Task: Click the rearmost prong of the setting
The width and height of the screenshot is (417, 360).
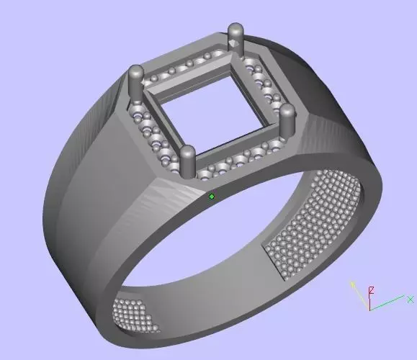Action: coord(235,36)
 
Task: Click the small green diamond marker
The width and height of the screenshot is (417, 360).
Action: coord(212,196)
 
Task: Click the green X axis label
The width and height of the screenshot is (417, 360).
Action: coord(410,299)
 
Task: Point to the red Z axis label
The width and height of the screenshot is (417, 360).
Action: coord(372,291)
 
